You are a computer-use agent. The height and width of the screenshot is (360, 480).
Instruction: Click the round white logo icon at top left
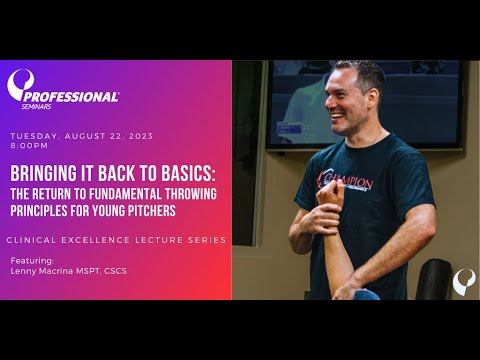coord(21,85)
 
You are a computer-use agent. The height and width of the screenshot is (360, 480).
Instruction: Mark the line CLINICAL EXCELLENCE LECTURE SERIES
coord(116,240)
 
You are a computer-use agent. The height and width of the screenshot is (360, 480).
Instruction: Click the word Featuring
coord(31,258)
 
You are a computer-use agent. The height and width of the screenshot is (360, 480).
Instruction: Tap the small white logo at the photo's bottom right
coord(463,281)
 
